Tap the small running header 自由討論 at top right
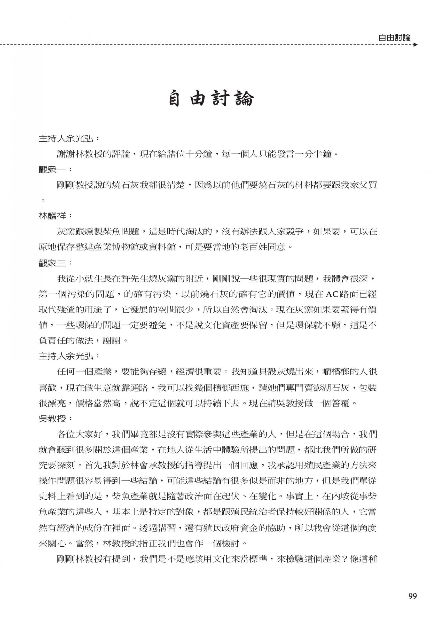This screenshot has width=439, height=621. (395, 38)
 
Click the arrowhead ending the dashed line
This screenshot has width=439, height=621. (416, 45)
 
